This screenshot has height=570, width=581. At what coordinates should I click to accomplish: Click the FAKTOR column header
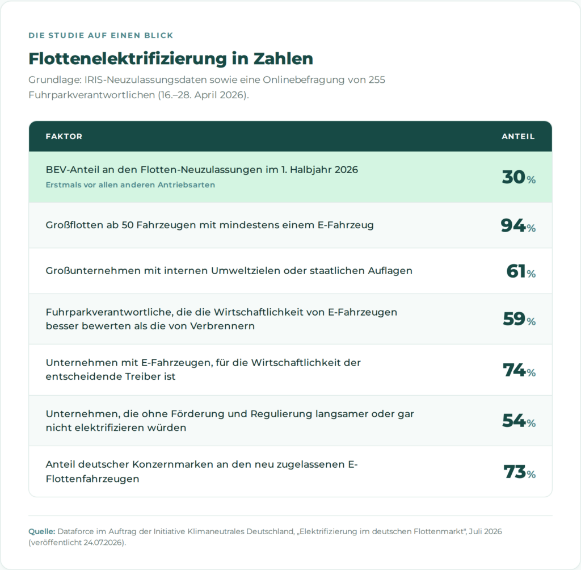tap(64, 136)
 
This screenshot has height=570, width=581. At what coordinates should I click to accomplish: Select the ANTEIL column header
tap(518, 136)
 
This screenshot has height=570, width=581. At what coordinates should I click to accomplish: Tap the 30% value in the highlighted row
tap(519, 177)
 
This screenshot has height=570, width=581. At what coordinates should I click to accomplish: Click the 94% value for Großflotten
tap(518, 225)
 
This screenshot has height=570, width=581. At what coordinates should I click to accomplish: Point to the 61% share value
tap(521, 271)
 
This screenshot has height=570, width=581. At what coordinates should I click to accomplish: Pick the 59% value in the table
tap(519, 319)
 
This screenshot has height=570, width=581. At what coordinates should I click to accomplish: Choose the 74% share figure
tap(519, 370)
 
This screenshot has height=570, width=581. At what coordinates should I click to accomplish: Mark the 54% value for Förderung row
tap(519, 421)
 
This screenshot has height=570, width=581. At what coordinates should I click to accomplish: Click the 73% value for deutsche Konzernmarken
tap(520, 472)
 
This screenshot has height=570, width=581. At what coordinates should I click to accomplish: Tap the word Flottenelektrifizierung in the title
tap(128, 58)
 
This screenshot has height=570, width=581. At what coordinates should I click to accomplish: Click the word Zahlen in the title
tap(284, 58)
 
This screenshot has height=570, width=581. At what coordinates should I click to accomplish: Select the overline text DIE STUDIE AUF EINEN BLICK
tap(101, 36)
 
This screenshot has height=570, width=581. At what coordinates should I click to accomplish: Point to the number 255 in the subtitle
tap(377, 79)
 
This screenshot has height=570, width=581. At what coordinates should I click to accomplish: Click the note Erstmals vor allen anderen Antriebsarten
tap(130, 185)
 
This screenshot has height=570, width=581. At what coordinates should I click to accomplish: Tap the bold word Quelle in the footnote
tap(42, 531)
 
